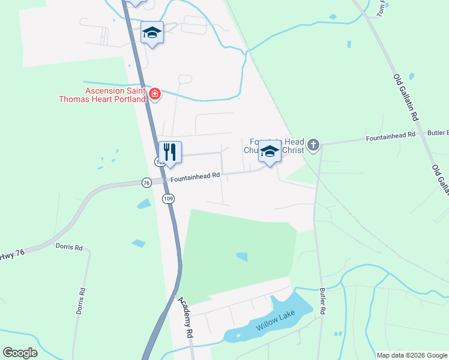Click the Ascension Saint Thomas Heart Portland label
(101, 95)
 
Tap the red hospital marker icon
(155, 94)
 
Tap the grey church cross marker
(312, 145)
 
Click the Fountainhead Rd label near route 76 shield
(195, 177)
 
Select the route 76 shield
(146, 182)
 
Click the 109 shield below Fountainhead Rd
(169, 198)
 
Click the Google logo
(20, 353)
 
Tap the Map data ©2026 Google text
(411, 355)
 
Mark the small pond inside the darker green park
(242, 257)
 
